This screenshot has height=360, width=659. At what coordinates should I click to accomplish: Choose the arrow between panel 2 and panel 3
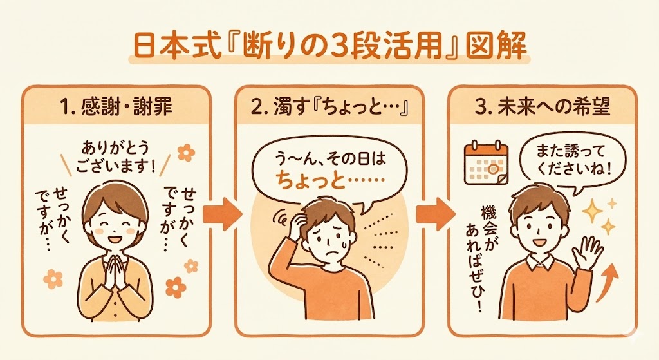pyautogui.click(x=432, y=213)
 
